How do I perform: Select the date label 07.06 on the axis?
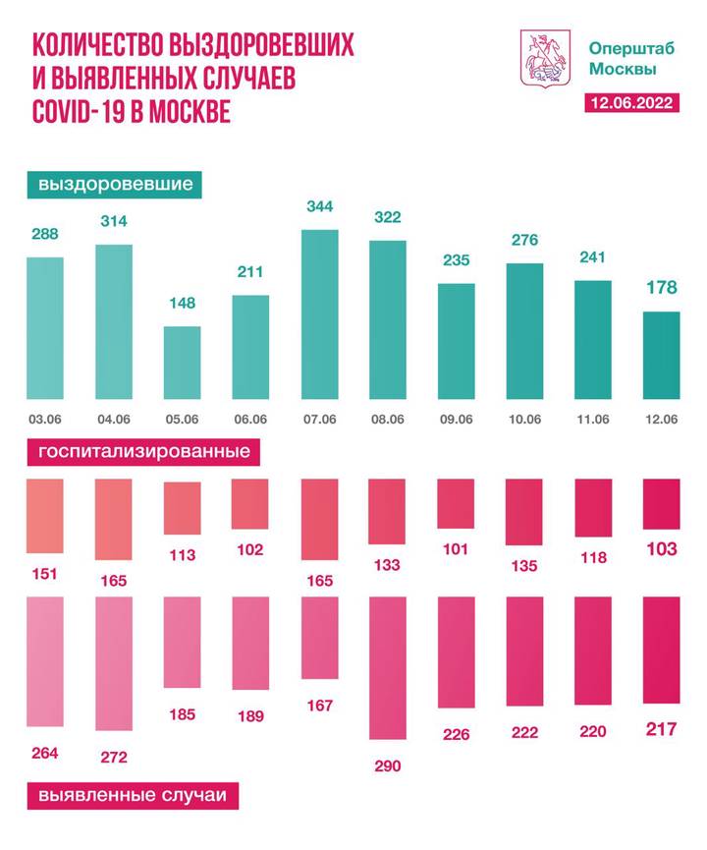point(318,420)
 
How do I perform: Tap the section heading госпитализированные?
point(144,453)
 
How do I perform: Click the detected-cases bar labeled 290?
point(387,668)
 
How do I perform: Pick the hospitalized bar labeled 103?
point(660,505)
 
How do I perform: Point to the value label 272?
point(113,757)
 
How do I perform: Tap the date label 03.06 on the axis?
point(45,420)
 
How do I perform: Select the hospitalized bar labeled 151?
point(45,517)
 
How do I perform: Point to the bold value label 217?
point(660,730)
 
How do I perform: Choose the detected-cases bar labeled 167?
point(318,638)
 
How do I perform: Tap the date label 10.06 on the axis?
point(523,420)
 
